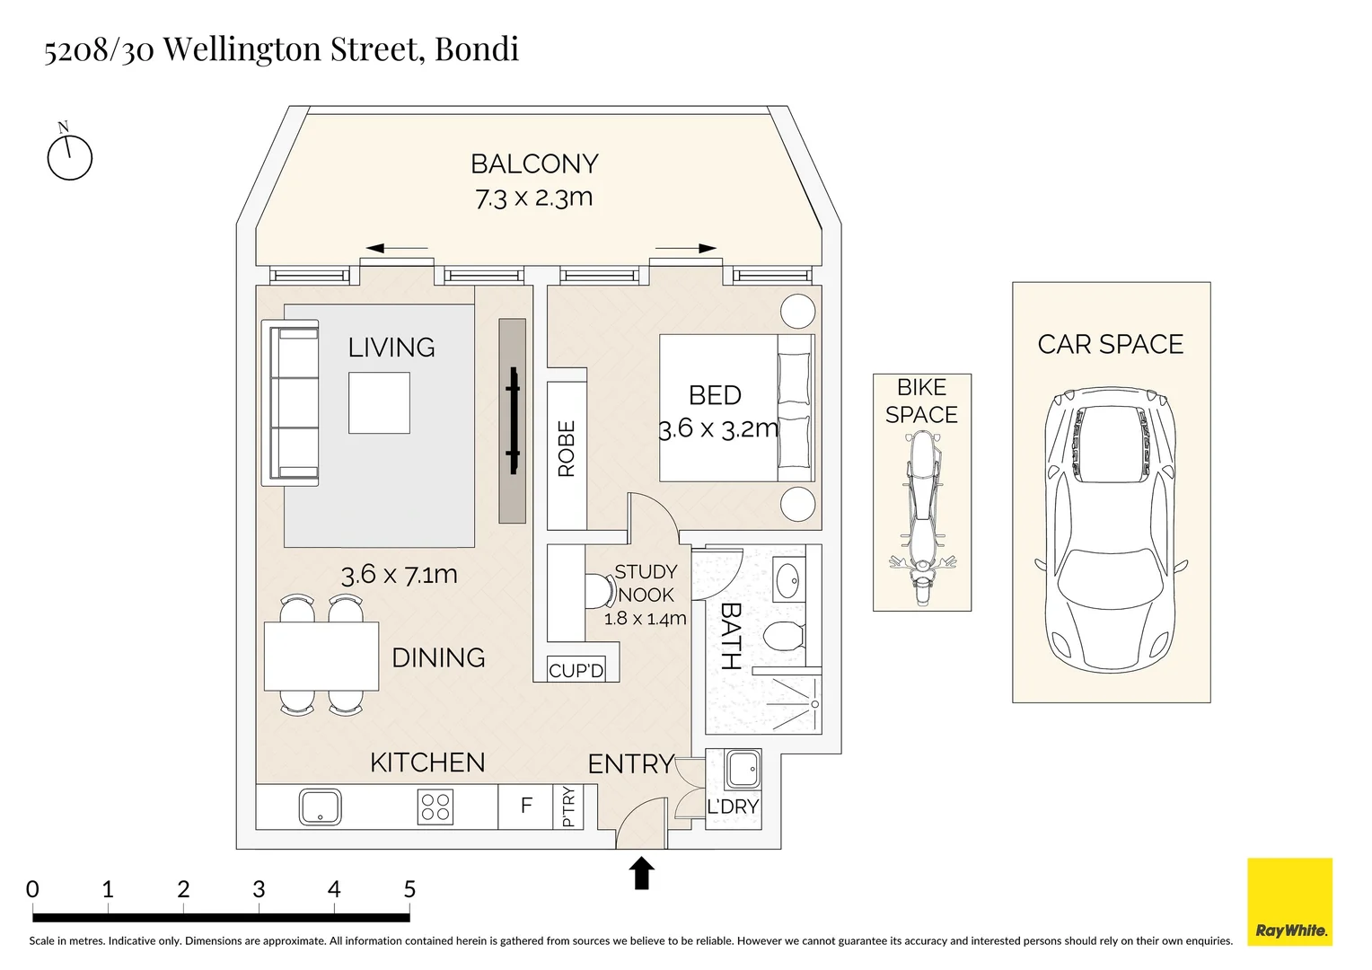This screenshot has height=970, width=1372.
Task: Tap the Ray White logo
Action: [x=1290, y=902]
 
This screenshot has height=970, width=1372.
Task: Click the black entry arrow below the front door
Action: [x=641, y=873]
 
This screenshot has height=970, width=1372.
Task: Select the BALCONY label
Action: [x=535, y=164]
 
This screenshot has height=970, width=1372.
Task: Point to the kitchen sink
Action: [x=321, y=807]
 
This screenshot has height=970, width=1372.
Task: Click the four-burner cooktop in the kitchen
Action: [x=435, y=807]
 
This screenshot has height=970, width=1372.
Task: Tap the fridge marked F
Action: [x=525, y=807]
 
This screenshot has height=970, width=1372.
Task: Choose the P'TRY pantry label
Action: [x=568, y=807]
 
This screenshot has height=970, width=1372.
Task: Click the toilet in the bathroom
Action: [x=785, y=637]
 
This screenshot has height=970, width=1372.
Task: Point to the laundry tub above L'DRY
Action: [x=743, y=770]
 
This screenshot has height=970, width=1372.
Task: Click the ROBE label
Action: [x=567, y=448]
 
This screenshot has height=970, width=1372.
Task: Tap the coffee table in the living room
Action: [x=379, y=402]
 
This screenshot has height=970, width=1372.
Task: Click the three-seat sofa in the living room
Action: [x=290, y=402]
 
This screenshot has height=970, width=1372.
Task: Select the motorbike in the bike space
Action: [x=922, y=518]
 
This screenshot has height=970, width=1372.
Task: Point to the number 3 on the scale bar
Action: [x=259, y=889]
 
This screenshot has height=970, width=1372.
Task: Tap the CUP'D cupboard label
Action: [x=576, y=671]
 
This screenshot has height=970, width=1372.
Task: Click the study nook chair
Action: [x=600, y=591]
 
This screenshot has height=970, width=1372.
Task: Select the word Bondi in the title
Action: [x=477, y=49]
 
